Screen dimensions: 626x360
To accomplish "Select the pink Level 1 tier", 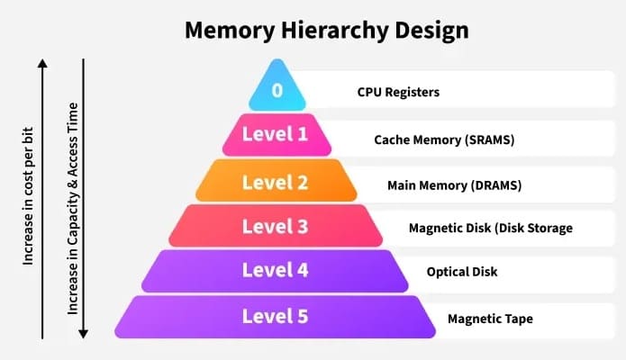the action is coord(277,134).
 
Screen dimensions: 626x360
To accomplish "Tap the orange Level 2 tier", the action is coord(277,180).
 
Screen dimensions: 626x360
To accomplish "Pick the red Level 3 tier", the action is coord(276,226).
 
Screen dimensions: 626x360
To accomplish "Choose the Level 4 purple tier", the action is coord(275,272).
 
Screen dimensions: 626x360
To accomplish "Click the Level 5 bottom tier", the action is coord(275,318).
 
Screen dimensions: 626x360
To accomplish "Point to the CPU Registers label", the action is coord(398,92).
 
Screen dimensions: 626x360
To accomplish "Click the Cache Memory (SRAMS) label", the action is coord(444,139).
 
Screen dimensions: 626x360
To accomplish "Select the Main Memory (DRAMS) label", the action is coord(454,185).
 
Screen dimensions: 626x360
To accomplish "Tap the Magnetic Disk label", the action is coord(491,228).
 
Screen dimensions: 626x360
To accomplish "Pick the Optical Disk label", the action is coord(462,272).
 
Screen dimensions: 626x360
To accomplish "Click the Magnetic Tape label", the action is coord(490,319).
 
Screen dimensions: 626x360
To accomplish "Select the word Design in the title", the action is coord(432,31).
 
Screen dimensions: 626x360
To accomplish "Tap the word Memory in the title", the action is coord(230,30).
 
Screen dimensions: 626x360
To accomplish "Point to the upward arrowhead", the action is coord(42,64).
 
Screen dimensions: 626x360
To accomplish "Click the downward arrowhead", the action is coord(83,334).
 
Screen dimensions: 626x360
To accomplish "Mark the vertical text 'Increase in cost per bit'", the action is coord(28,196).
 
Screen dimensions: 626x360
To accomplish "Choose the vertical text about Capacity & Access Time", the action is coord(72,208).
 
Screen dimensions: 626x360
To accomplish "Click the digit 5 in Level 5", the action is coord(303,317).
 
